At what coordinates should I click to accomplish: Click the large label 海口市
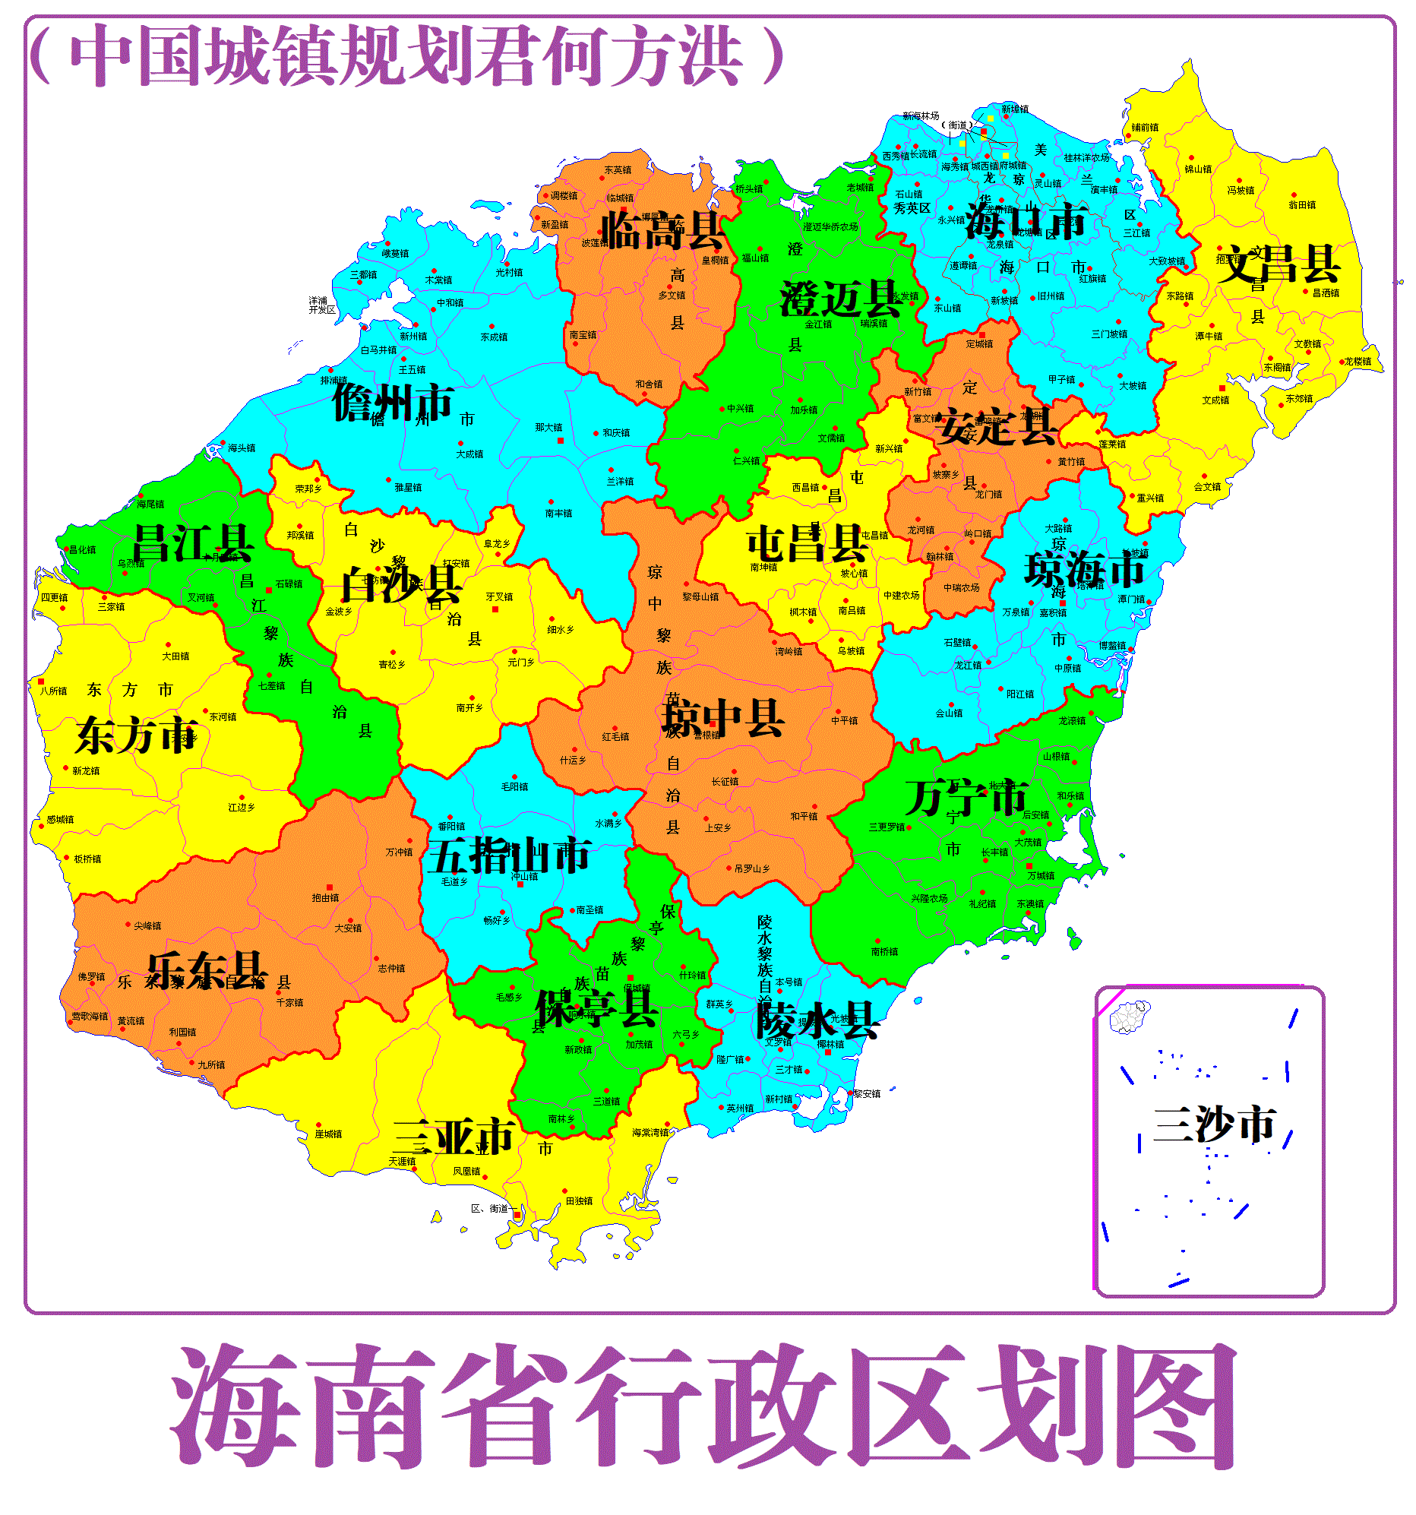1025,222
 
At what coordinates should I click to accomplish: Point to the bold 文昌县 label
1278,264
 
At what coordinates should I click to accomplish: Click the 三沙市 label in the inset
1214,1124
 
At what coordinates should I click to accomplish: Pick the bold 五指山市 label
508,856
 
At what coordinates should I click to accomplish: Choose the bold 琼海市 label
1086,569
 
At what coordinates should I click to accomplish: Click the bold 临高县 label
662,230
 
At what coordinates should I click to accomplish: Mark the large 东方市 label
137,735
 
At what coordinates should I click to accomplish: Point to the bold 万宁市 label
966,798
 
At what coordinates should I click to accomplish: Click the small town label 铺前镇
1145,128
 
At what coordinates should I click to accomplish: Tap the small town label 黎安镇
867,1093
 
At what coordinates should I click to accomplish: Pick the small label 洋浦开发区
321,305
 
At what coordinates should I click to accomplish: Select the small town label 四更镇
54,597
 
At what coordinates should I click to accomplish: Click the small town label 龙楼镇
1358,361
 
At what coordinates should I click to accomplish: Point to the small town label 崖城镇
328,1134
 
